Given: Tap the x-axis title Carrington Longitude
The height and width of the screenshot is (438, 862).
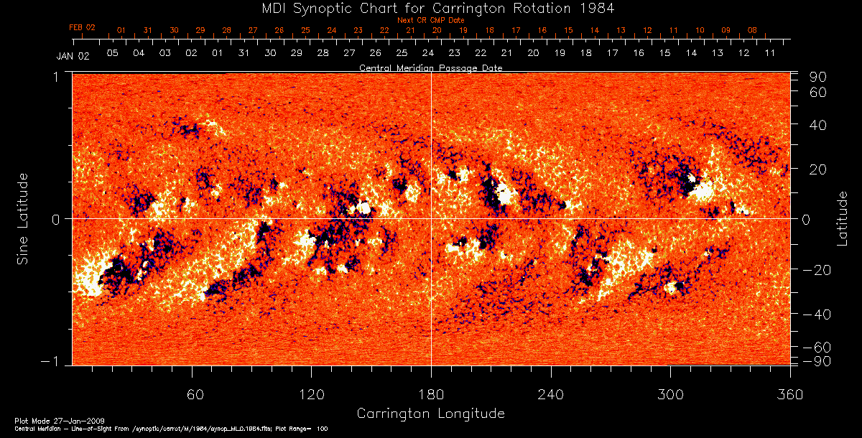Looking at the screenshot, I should pyautogui.click(x=430, y=414).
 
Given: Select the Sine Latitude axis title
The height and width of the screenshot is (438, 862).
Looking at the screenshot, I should pyautogui.click(x=24, y=218).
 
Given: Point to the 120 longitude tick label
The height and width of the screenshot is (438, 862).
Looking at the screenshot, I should pyautogui.click(x=311, y=395).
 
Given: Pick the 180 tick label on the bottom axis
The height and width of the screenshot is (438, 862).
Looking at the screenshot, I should pyautogui.click(x=431, y=395).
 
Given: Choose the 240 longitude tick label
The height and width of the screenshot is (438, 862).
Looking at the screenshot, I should pyautogui.click(x=550, y=395).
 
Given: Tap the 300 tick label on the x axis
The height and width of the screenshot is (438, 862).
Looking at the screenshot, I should pyautogui.click(x=670, y=395).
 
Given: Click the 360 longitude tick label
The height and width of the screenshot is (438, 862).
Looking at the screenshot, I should pyautogui.click(x=789, y=395).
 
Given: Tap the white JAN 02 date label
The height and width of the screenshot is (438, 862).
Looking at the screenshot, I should pyautogui.click(x=73, y=57).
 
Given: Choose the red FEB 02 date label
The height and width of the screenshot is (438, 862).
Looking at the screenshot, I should pyautogui.click(x=82, y=27).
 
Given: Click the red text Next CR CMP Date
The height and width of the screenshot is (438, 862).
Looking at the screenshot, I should pyautogui.click(x=430, y=20).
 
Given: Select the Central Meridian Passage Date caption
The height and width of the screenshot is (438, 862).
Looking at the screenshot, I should pyautogui.click(x=430, y=67).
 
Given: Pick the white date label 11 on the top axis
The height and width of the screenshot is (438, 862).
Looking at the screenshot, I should pyautogui.click(x=770, y=53).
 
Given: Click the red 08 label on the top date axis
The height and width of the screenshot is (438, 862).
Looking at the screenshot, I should pyautogui.click(x=752, y=30).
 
